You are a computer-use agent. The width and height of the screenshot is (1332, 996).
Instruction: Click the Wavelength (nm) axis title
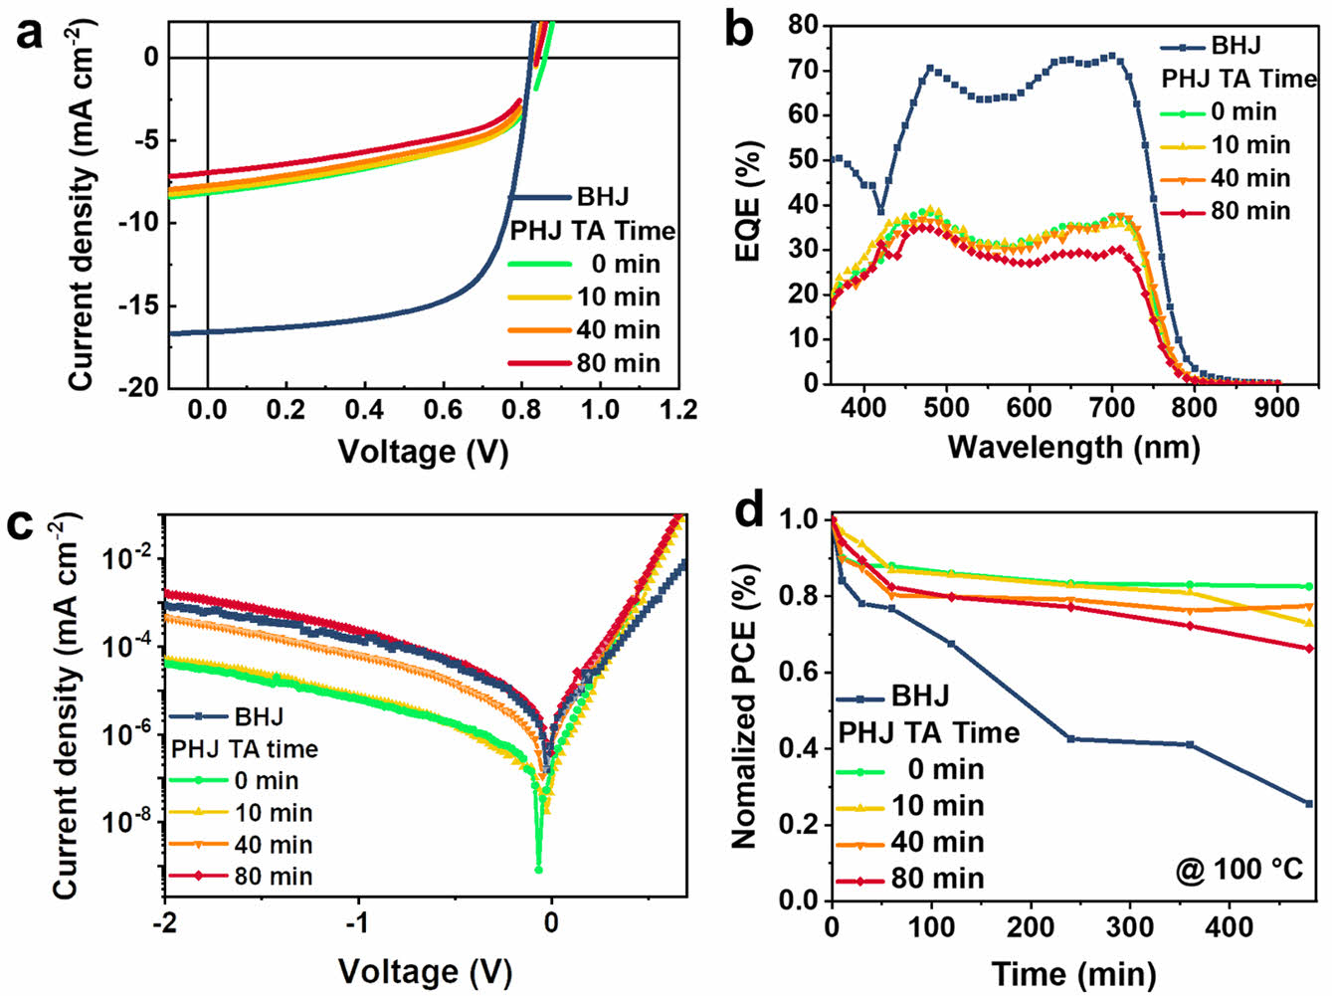pyautogui.click(x=1073, y=447)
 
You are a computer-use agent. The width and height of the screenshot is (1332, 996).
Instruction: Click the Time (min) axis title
pyautogui.click(x=1073, y=972)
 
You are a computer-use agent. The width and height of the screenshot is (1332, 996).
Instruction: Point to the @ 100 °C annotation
pyautogui.click(x=1238, y=870)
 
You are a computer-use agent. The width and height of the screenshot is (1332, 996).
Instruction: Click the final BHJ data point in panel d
pyautogui.click(x=1309, y=803)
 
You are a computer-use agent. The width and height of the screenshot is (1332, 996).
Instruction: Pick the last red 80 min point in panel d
pyautogui.click(x=1309, y=649)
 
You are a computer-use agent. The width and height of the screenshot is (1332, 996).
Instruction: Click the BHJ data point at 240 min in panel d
pyautogui.click(x=1070, y=738)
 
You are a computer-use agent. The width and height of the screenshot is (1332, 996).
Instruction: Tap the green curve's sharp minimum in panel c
pyautogui.click(x=539, y=869)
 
